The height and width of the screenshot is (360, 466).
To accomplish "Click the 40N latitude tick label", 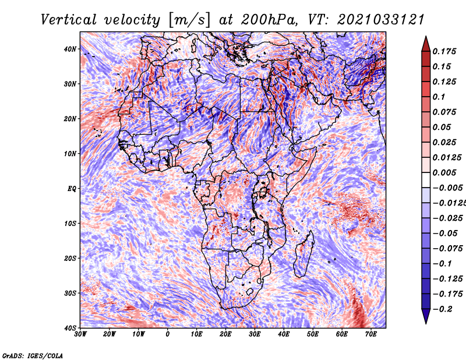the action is tap(70, 49).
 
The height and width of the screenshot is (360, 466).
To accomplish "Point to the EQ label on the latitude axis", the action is tap(72, 189).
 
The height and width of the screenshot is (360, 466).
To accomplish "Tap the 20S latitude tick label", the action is tap(70, 258).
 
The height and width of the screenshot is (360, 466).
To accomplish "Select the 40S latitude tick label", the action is tap(70, 328).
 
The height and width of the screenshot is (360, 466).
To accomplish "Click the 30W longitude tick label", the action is tap(80, 334).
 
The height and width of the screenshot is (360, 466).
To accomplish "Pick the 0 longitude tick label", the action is tap(168, 334).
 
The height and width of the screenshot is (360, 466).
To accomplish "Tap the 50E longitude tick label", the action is tap(313, 334).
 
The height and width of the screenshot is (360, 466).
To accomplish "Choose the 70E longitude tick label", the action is tap(371, 334).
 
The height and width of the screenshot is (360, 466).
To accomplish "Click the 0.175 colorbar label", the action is tap(444, 51).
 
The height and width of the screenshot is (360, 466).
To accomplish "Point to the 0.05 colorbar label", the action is tap(442, 127).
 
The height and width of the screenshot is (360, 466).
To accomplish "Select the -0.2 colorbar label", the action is tap(442, 309).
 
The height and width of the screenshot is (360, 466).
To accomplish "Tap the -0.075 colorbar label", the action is tap(447, 249).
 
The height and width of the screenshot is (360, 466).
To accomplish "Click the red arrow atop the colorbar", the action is tap(426, 44).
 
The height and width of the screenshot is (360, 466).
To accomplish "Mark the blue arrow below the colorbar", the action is tap(426, 316).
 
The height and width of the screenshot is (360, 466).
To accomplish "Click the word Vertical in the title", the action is tap(69, 20).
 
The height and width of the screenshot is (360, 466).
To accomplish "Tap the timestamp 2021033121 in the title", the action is tap(381, 20).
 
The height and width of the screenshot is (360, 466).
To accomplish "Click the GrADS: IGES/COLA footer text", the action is tap(33, 355).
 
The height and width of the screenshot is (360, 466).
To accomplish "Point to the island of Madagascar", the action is tap(304, 255).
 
